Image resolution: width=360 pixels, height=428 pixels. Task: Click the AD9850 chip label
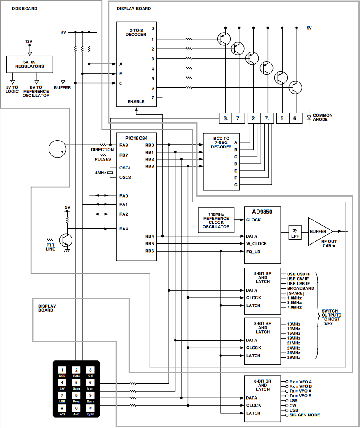point(263,212)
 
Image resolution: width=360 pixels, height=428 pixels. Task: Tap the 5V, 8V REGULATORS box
point(29,63)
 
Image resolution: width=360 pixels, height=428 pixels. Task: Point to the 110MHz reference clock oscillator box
point(216,220)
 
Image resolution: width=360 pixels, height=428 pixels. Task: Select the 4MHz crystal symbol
point(110,173)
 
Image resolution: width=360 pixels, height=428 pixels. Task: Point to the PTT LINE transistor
point(66,240)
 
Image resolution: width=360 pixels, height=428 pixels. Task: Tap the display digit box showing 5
point(283,118)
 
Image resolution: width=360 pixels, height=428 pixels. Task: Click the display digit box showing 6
point(295,118)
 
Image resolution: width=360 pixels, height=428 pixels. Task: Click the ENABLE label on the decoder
point(136,101)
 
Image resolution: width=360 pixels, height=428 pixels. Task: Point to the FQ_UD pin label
point(253,252)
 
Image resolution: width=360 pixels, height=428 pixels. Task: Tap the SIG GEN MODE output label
point(304,415)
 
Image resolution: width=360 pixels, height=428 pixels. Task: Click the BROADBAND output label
point(300,288)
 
